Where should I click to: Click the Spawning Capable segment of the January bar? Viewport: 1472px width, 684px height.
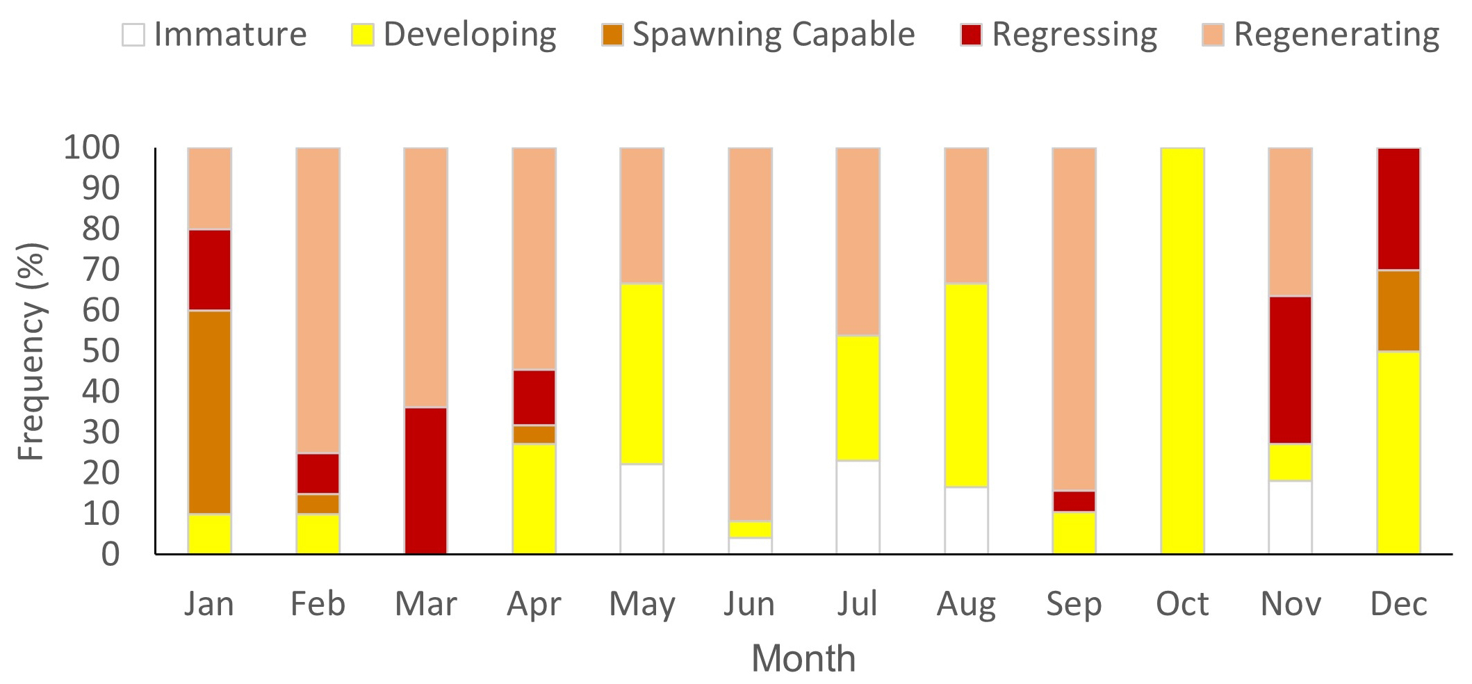pyautogui.click(x=209, y=412)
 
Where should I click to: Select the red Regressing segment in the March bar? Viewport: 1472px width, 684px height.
pyautogui.click(x=425, y=480)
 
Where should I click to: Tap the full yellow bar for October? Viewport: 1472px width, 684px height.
pyautogui.click(x=1182, y=350)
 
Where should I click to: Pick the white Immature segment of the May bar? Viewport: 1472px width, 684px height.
pyautogui.click(x=641, y=508)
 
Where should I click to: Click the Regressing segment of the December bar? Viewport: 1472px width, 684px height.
pyautogui.click(x=1398, y=209)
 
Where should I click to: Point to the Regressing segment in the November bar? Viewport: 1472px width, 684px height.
pyautogui.click(x=1290, y=370)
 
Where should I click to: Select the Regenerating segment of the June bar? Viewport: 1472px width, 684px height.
pyautogui.click(x=750, y=334)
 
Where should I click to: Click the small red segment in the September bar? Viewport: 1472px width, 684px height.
pyautogui.click(x=1074, y=501)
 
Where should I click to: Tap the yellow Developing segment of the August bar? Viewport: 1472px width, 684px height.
pyautogui.click(x=966, y=384)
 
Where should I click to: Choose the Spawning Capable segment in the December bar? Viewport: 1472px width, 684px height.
pyautogui.click(x=1398, y=310)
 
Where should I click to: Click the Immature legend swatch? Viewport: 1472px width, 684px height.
pyautogui.click(x=133, y=35)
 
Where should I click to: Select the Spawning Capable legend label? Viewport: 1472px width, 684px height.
pyautogui.click(x=773, y=35)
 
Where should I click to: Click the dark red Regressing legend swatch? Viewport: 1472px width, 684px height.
pyautogui.click(x=971, y=35)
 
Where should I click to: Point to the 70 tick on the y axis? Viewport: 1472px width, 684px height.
pyautogui.click(x=101, y=270)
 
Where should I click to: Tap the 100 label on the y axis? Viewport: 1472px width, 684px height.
pyautogui.click(x=92, y=147)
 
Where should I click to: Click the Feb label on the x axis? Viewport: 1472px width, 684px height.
pyautogui.click(x=318, y=603)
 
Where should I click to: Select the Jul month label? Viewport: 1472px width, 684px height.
pyautogui.click(x=858, y=603)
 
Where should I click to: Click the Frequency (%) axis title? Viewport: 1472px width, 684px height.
pyautogui.click(x=32, y=351)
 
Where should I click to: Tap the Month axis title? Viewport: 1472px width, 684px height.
pyautogui.click(x=803, y=658)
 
